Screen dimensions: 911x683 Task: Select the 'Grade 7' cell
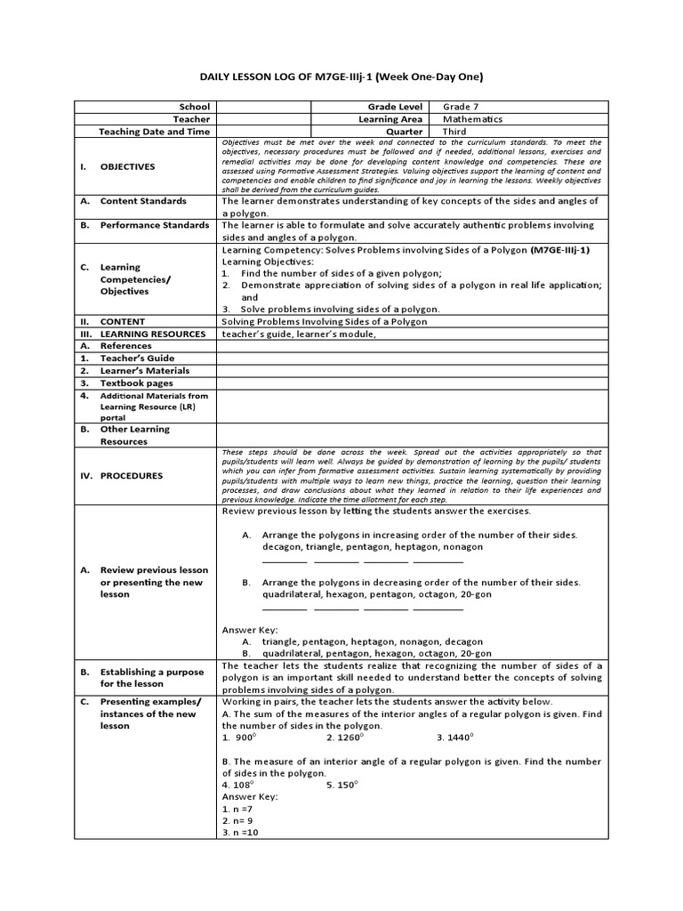[462, 107]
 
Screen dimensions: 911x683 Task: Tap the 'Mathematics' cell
[472, 119]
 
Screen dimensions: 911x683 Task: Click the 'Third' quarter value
[455, 132]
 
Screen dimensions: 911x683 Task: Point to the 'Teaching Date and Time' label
[154, 132]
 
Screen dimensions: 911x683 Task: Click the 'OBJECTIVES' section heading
[127, 166]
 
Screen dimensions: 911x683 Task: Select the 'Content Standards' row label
[143, 201]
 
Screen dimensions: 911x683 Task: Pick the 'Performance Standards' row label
[154, 225]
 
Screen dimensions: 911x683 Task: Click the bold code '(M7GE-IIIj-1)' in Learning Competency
[559, 250]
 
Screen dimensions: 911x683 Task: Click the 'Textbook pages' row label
[137, 383]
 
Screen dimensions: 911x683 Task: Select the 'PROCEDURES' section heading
[132, 476]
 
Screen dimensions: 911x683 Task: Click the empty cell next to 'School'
[262, 107]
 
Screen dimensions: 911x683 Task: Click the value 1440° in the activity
[454, 738]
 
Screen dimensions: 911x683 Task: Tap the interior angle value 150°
[342, 785]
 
